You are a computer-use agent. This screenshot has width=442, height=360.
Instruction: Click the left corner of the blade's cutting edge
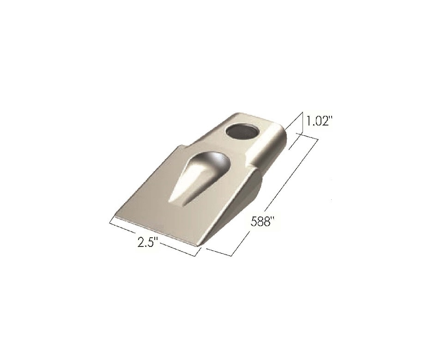pos(115,216)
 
